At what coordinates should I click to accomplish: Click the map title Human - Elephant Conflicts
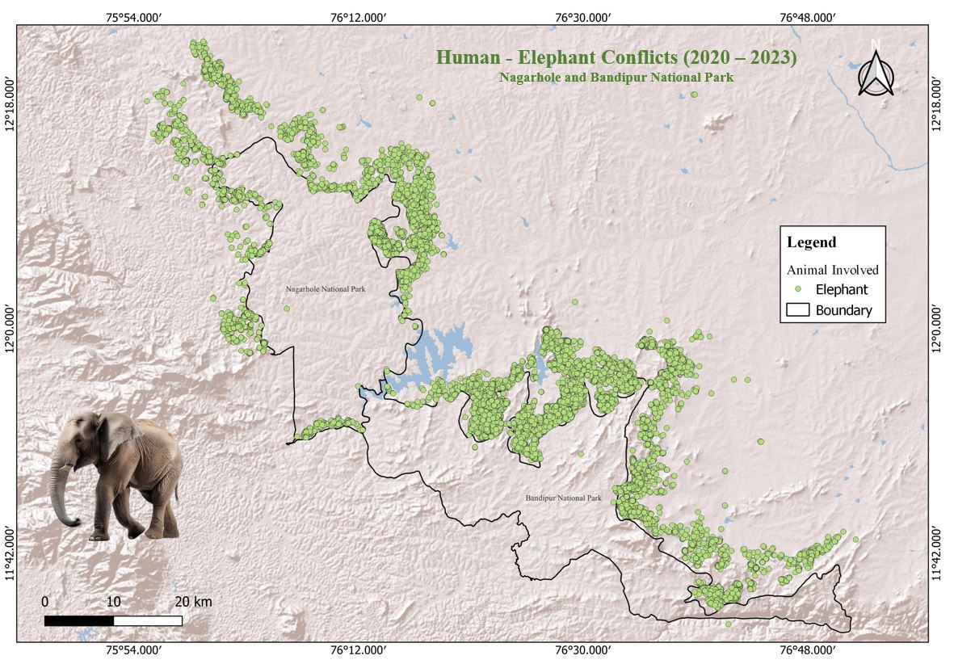tap(616, 58)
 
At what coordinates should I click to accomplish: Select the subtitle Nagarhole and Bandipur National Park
tap(616, 78)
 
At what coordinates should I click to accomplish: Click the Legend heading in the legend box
tap(812, 242)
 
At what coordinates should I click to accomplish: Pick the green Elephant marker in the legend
tap(798, 289)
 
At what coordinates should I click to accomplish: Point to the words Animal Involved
tap(833, 271)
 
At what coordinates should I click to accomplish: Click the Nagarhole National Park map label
tap(326, 288)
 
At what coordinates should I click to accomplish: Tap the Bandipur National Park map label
tap(563, 498)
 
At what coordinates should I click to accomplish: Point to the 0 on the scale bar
tap(45, 602)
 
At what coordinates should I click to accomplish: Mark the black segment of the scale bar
tap(78, 620)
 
